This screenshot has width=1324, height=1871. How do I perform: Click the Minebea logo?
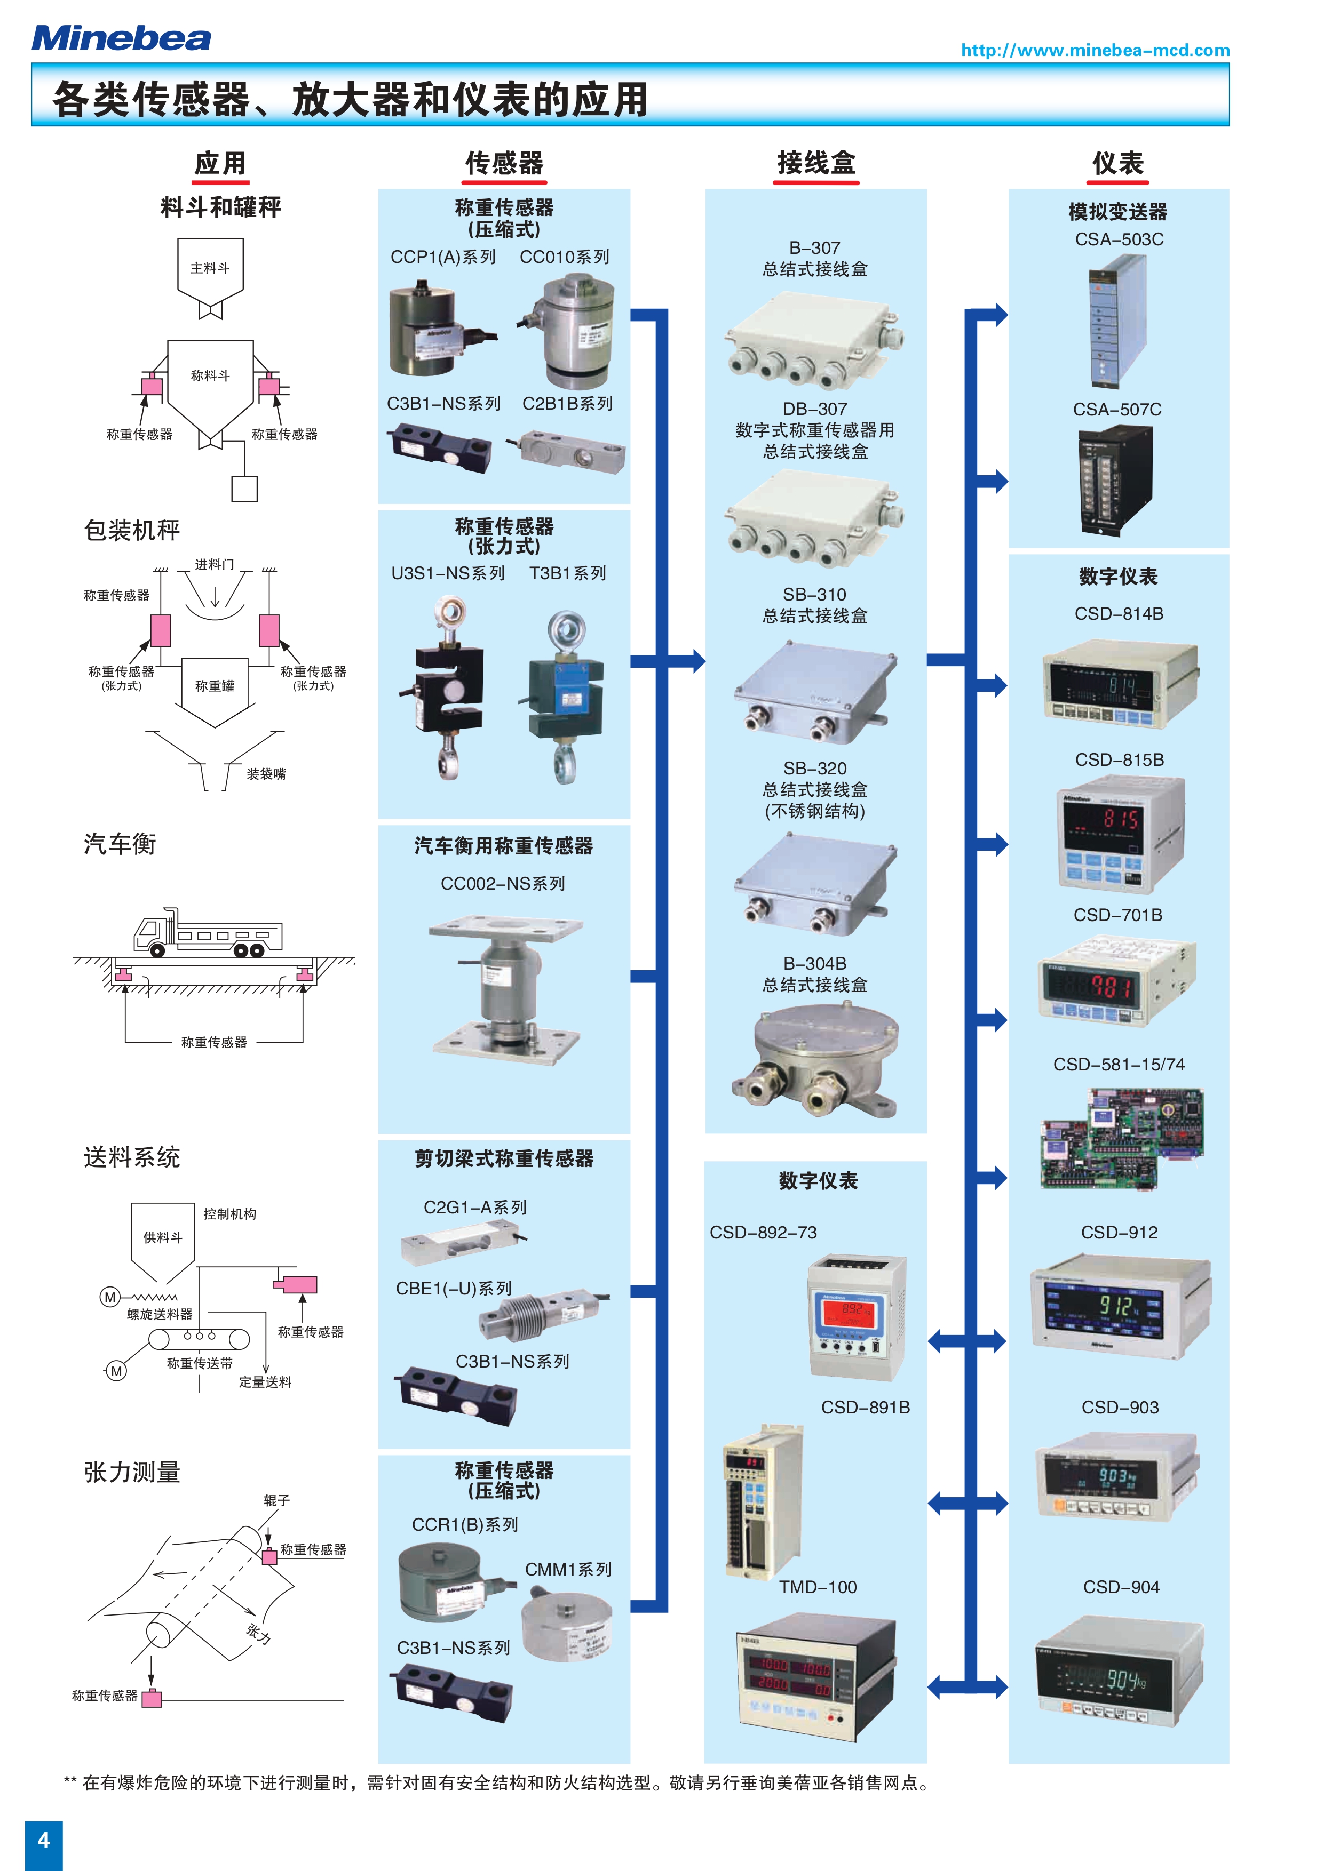pos(121,38)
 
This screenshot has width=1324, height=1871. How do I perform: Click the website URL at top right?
pos(1095,51)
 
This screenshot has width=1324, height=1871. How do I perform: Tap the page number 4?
pos(44,1839)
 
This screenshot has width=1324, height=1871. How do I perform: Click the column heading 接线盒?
pos(816,163)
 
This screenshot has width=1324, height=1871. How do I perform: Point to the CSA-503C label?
pos(1119,239)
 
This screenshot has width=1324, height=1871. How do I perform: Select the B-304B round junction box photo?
pos(816,1058)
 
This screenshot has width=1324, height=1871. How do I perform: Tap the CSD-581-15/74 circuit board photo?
pos(1122,1138)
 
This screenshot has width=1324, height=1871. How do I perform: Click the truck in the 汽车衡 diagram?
pos(209,933)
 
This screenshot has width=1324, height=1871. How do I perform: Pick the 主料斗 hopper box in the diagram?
pos(210,269)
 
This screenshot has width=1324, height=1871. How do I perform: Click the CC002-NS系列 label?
pos(503,883)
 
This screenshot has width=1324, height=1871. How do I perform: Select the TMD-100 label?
pos(818,1587)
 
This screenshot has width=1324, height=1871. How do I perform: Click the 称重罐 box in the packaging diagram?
pos(215,686)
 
